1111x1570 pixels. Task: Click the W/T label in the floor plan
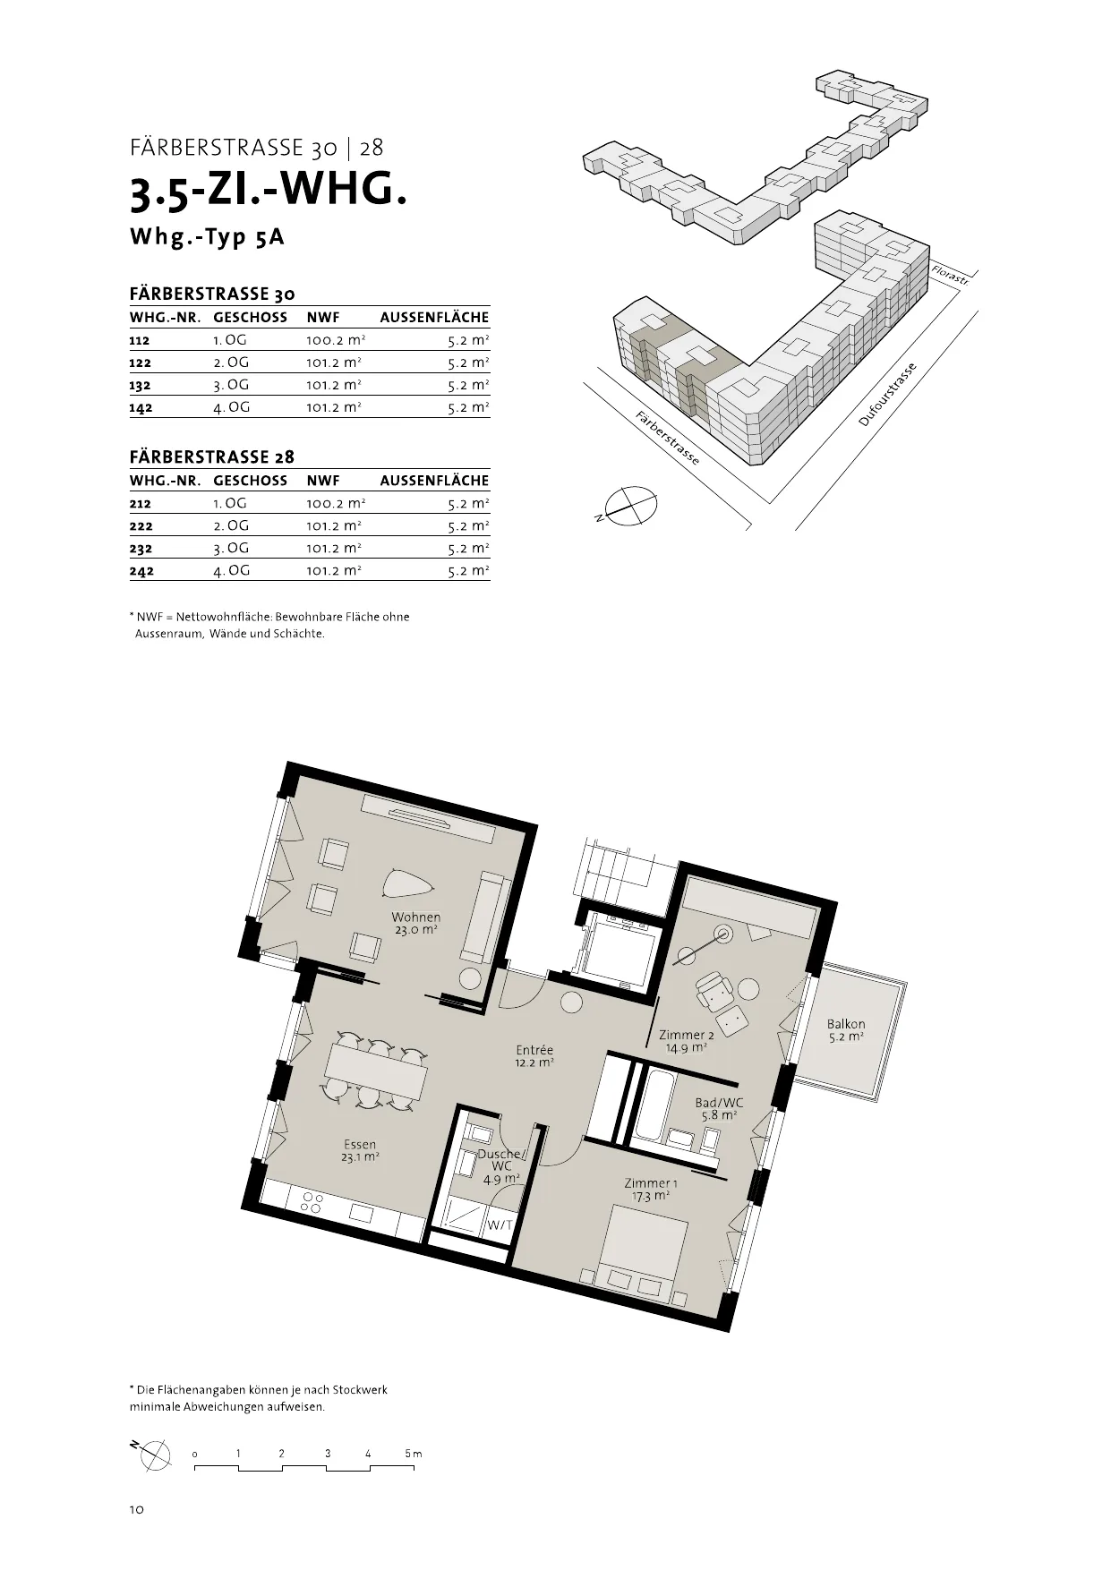click(x=499, y=1225)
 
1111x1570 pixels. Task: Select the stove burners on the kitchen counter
click(x=312, y=1202)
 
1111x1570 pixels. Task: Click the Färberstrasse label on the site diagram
click(x=667, y=438)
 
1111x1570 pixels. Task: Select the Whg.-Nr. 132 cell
click(x=141, y=386)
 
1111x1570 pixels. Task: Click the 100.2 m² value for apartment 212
click(x=336, y=504)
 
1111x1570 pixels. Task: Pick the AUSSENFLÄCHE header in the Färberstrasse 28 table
click(x=434, y=481)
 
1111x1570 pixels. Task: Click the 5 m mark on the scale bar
click(x=413, y=1454)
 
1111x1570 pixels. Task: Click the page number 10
click(x=136, y=1510)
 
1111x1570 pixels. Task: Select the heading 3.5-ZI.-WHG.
click(x=269, y=192)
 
